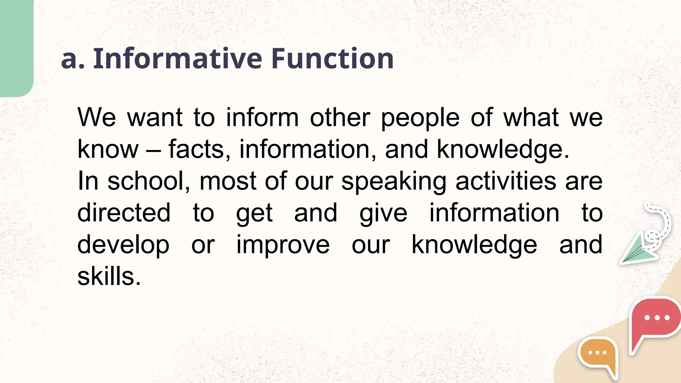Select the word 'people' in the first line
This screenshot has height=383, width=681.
click(x=420, y=118)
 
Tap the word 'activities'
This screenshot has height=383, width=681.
click(x=505, y=181)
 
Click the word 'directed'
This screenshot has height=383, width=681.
click(x=124, y=213)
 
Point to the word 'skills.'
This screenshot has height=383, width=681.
click(x=109, y=276)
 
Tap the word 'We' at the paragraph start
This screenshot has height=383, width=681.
click(x=96, y=118)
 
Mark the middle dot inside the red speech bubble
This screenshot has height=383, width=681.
click(x=657, y=318)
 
